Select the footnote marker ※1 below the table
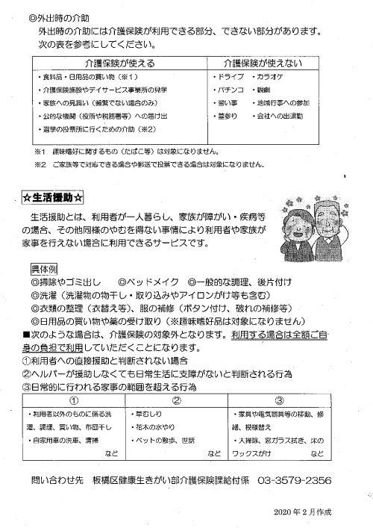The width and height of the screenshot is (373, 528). coord(40,150)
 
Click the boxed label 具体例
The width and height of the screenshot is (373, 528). coord(44,267)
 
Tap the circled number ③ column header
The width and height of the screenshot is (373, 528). coord(279,399)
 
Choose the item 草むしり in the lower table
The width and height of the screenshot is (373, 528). coord(146,413)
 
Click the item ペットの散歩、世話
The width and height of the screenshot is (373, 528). coord(163,441)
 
